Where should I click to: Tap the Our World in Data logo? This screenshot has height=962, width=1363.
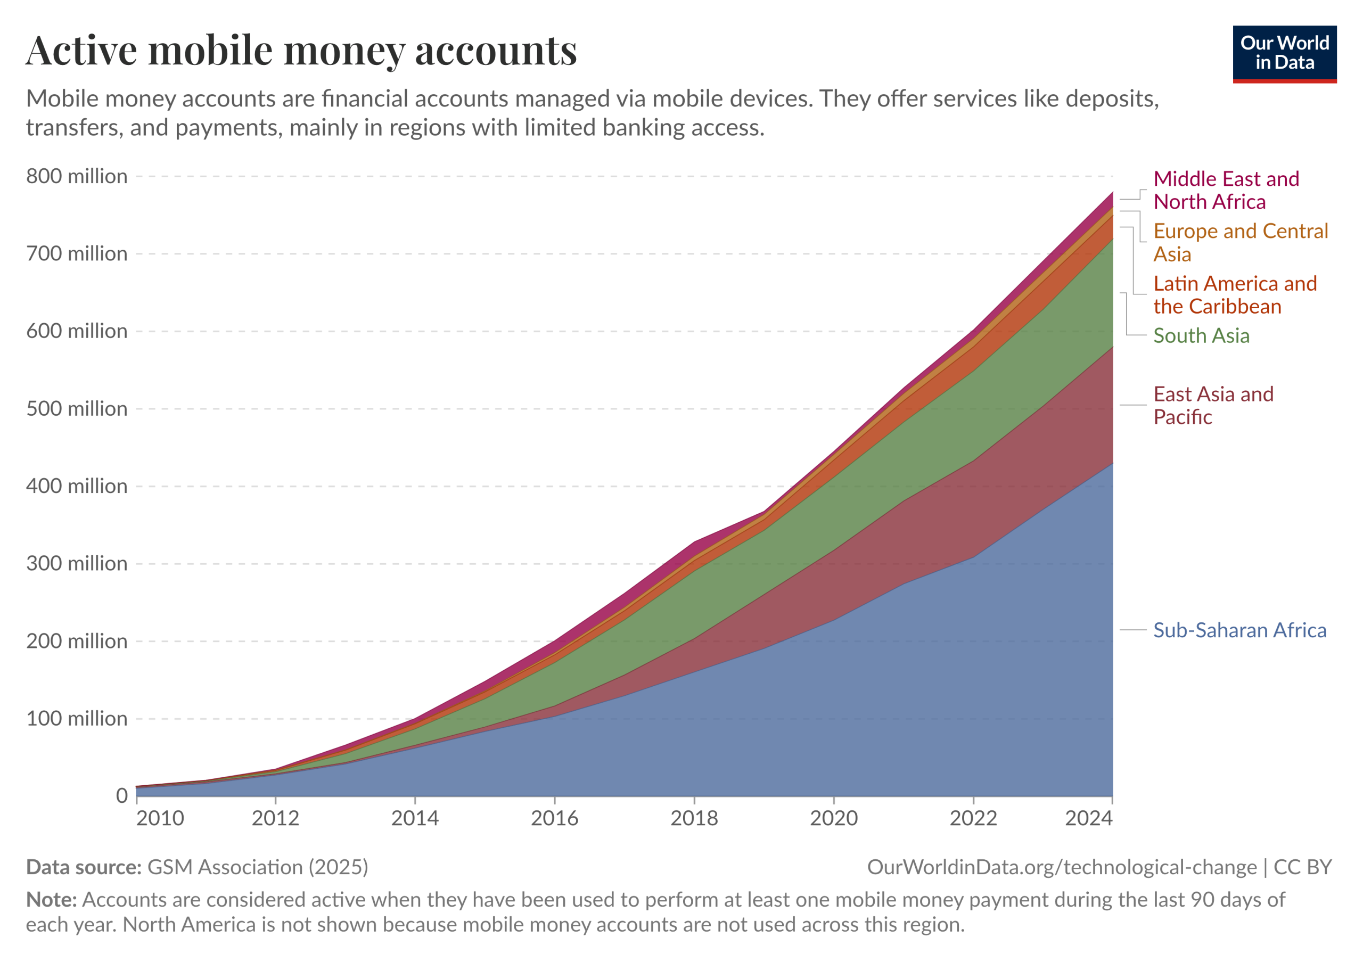[x=1285, y=54]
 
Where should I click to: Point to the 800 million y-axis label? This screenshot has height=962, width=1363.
[x=77, y=176]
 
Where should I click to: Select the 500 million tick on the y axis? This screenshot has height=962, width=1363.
[x=77, y=409]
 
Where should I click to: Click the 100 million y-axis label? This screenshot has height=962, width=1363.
[x=77, y=719]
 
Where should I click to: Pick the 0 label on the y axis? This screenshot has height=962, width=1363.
[x=122, y=796]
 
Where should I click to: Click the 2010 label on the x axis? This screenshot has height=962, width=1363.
[x=160, y=818]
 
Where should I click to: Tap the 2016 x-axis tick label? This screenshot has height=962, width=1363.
[x=554, y=818]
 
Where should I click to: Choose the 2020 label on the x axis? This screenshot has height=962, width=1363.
[x=834, y=818]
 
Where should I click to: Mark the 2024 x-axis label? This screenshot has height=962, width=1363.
[x=1089, y=818]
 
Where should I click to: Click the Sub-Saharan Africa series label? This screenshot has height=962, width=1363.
[x=1240, y=630]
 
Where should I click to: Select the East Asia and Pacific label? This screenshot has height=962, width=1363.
[x=1213, y=405]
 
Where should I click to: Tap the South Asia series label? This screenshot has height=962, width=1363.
[x=1202, y=336]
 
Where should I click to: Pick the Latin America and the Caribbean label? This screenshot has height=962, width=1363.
[x=1235, y=295]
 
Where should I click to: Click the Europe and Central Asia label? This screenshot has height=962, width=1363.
[x=1241, y=242]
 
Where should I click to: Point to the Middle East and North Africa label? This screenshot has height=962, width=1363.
[x=1227, y=190]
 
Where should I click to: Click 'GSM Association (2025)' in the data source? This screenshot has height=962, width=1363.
[x=258, y=867]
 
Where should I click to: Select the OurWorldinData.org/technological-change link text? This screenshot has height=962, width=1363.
[x=1062, y=867]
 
